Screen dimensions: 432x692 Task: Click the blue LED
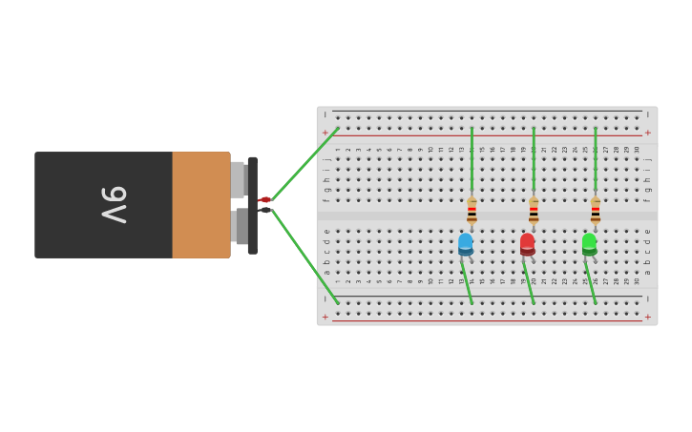pos(465,243)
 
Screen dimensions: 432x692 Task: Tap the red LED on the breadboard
pos(527,243)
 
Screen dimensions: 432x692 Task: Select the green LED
pos(589,243)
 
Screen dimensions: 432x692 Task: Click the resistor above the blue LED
pos(472,211)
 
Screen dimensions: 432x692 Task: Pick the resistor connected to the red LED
pos(534,211)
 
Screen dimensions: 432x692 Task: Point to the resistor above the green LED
pos(595,211)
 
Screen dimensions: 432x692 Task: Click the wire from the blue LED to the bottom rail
pos(467,282)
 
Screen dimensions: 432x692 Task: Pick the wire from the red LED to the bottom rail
pos(529,282)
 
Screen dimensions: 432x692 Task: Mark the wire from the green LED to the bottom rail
pos(591,282)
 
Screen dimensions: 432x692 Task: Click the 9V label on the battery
pos(114,204)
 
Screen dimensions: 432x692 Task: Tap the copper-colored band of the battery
pos(200,204)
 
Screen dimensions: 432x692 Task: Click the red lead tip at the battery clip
pos(265,199)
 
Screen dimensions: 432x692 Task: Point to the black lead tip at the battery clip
pos(265,210)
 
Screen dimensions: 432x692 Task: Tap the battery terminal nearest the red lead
pos(238,179)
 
